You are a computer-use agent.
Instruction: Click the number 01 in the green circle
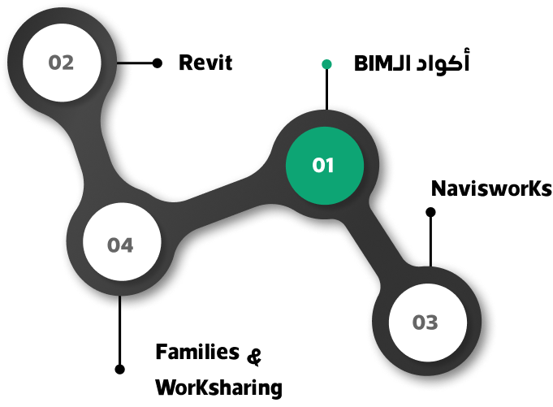(323, 165)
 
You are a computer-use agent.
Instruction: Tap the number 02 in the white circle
(61, 63)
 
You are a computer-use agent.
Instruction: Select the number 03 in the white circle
(425, 323)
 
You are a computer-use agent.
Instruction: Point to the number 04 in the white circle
(120, 245)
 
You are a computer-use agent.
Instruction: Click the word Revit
(205, 63)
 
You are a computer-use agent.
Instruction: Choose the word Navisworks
(491, 188)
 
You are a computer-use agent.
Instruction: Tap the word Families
(197, 352)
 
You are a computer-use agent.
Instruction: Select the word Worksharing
(218, 388)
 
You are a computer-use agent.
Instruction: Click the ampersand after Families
(254, 356)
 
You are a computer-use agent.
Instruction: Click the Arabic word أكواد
(443, 62)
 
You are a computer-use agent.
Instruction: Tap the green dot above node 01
(326, 64)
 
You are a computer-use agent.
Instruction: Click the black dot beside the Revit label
(158, 63)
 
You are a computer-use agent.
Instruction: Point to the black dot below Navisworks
(430, 212)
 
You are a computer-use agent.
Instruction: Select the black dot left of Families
(120, 370)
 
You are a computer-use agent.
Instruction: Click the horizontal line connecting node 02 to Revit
(135, 63)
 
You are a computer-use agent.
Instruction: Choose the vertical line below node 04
(120, 330)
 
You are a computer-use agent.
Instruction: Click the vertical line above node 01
(326, 89)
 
